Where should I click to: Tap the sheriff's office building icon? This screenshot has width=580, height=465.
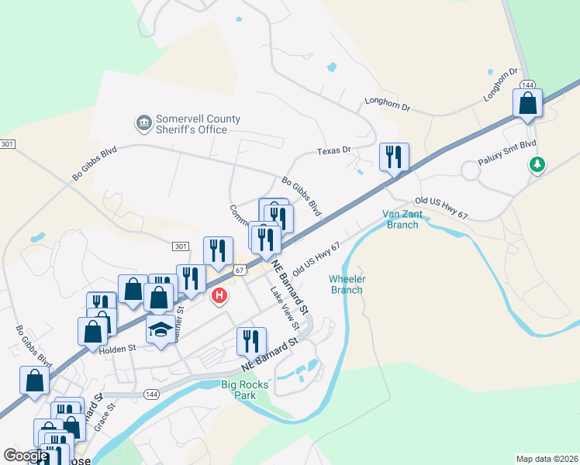[x=143, y=123]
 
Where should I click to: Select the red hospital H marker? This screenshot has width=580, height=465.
[x=219, y=295]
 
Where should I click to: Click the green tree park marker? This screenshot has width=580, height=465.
[x=536, y=164]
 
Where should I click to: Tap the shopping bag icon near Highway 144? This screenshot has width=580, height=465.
[x=527, y=104]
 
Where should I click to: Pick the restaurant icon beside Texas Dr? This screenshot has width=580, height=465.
[x=394, y=157]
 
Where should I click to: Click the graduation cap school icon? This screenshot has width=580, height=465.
[x=161, y=329]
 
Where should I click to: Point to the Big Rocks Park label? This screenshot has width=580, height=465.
[x=244, y=389]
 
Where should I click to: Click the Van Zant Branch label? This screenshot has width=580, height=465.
[x=401, y=219]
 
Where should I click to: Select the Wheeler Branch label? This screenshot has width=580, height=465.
[x=347, y=284]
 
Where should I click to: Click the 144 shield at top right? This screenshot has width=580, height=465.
[x=527, y=84]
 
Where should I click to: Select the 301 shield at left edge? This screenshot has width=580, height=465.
[x=8, y=144]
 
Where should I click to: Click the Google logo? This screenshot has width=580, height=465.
[x=26, y=456]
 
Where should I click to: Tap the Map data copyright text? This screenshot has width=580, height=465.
[x=547, y=458]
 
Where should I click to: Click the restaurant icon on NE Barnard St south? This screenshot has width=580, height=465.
[x=251, y=342]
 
